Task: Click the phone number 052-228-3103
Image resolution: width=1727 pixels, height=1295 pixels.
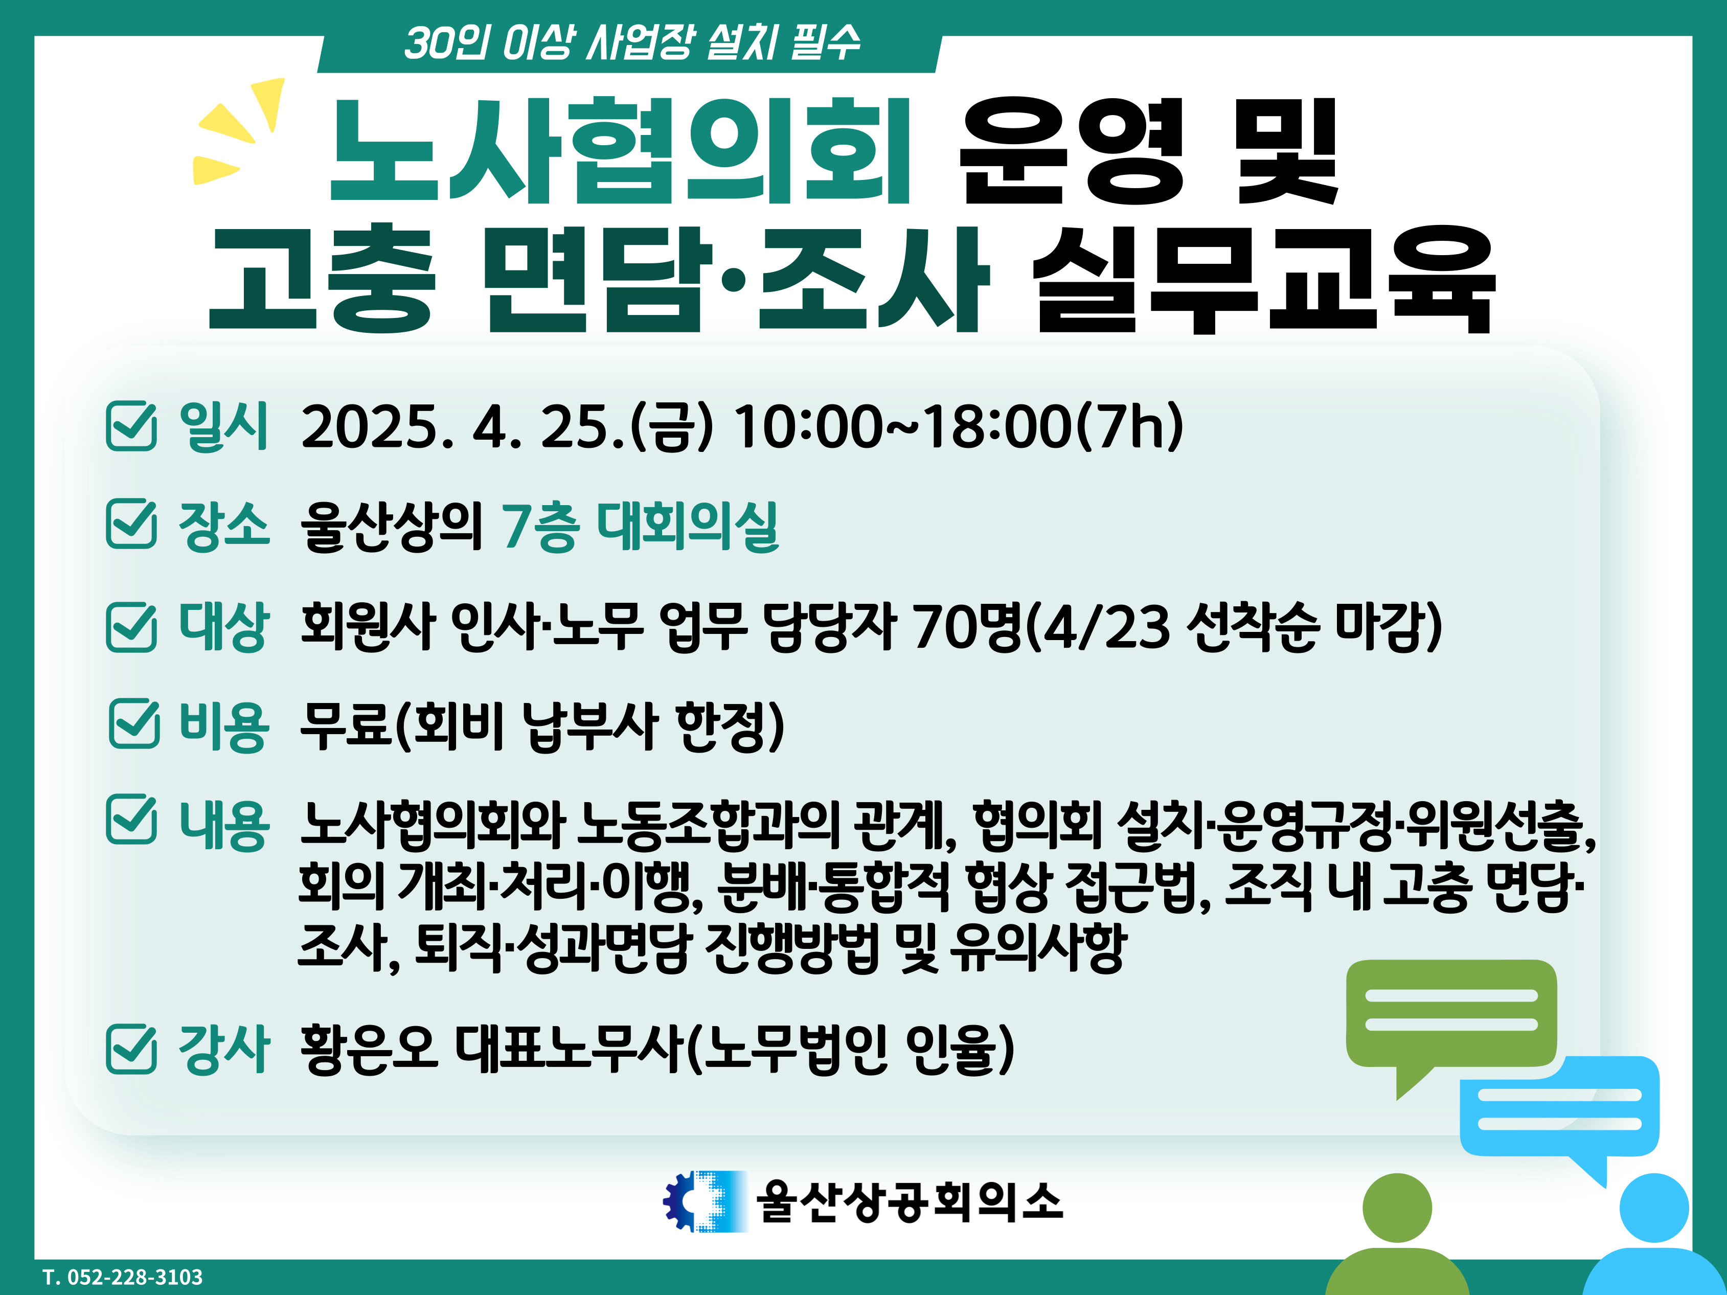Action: pyautogui.click(x=134, y=1277)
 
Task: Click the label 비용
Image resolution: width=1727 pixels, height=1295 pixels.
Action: pyautogui.click(x=224, y=726)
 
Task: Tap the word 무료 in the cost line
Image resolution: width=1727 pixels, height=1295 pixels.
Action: pyautogui.click(x=347, y=726)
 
